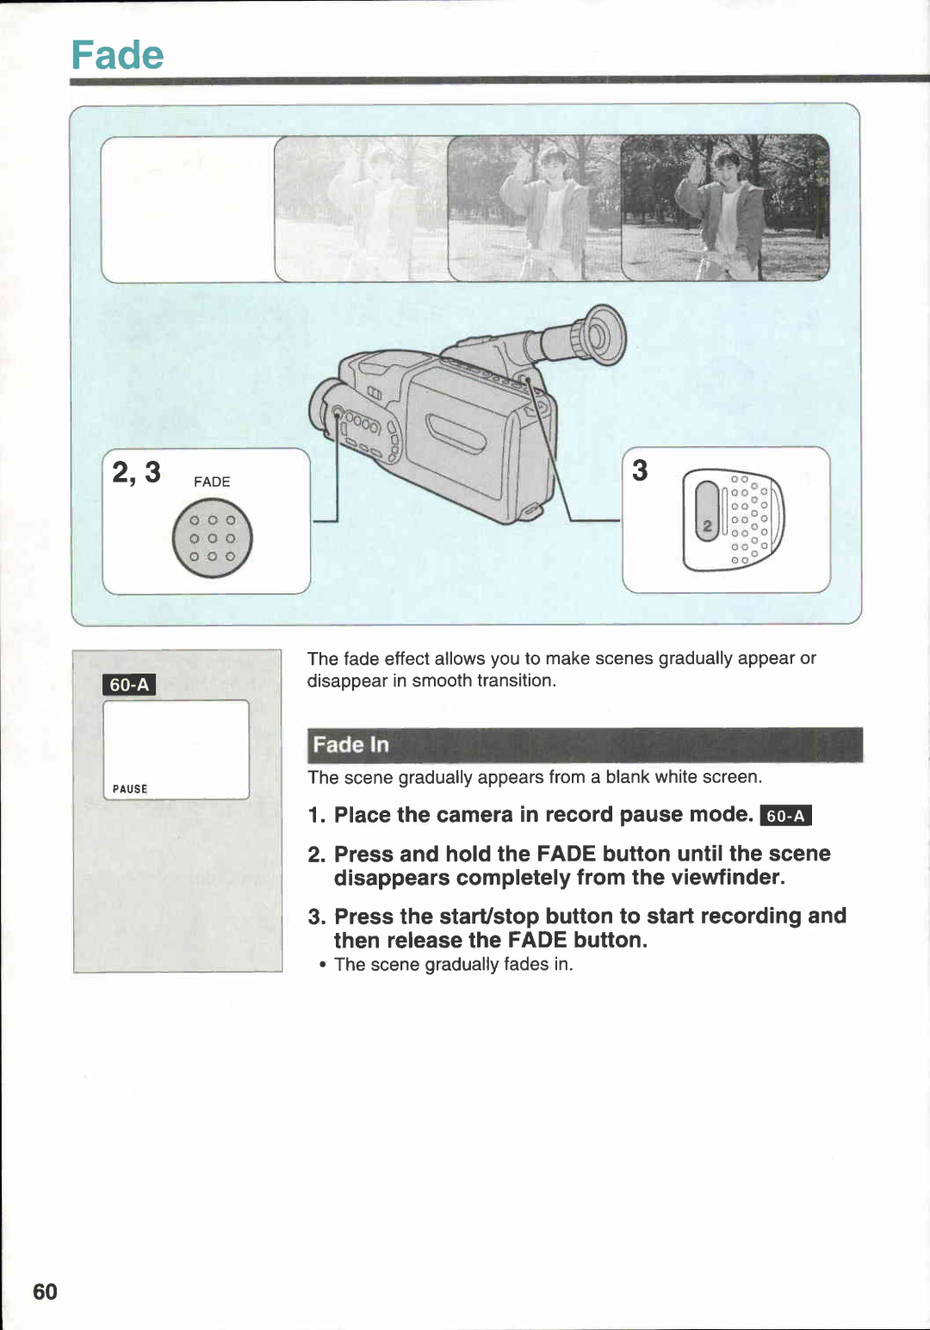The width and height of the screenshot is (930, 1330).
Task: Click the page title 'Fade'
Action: [117, 55]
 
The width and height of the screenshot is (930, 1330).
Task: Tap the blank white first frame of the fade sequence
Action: [188, 209]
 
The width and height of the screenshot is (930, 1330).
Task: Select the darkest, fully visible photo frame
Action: [725, 208]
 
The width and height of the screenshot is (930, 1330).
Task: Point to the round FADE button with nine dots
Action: [212, 539]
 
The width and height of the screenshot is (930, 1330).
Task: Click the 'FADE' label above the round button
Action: [212, 482]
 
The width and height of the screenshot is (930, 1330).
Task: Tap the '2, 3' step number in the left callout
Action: [136, 473]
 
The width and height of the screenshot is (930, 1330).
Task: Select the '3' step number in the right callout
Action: [640, 470]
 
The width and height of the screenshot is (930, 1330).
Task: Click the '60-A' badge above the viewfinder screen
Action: [129, 685]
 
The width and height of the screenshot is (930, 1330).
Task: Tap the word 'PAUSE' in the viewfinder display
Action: [130, 789]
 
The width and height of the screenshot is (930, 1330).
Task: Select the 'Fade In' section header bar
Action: [585, 745]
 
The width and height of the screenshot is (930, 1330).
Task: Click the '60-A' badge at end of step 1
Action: [785, 816]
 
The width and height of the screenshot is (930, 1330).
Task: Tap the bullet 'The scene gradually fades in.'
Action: [453, 965]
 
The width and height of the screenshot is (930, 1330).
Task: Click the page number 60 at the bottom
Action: [45, 1291]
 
